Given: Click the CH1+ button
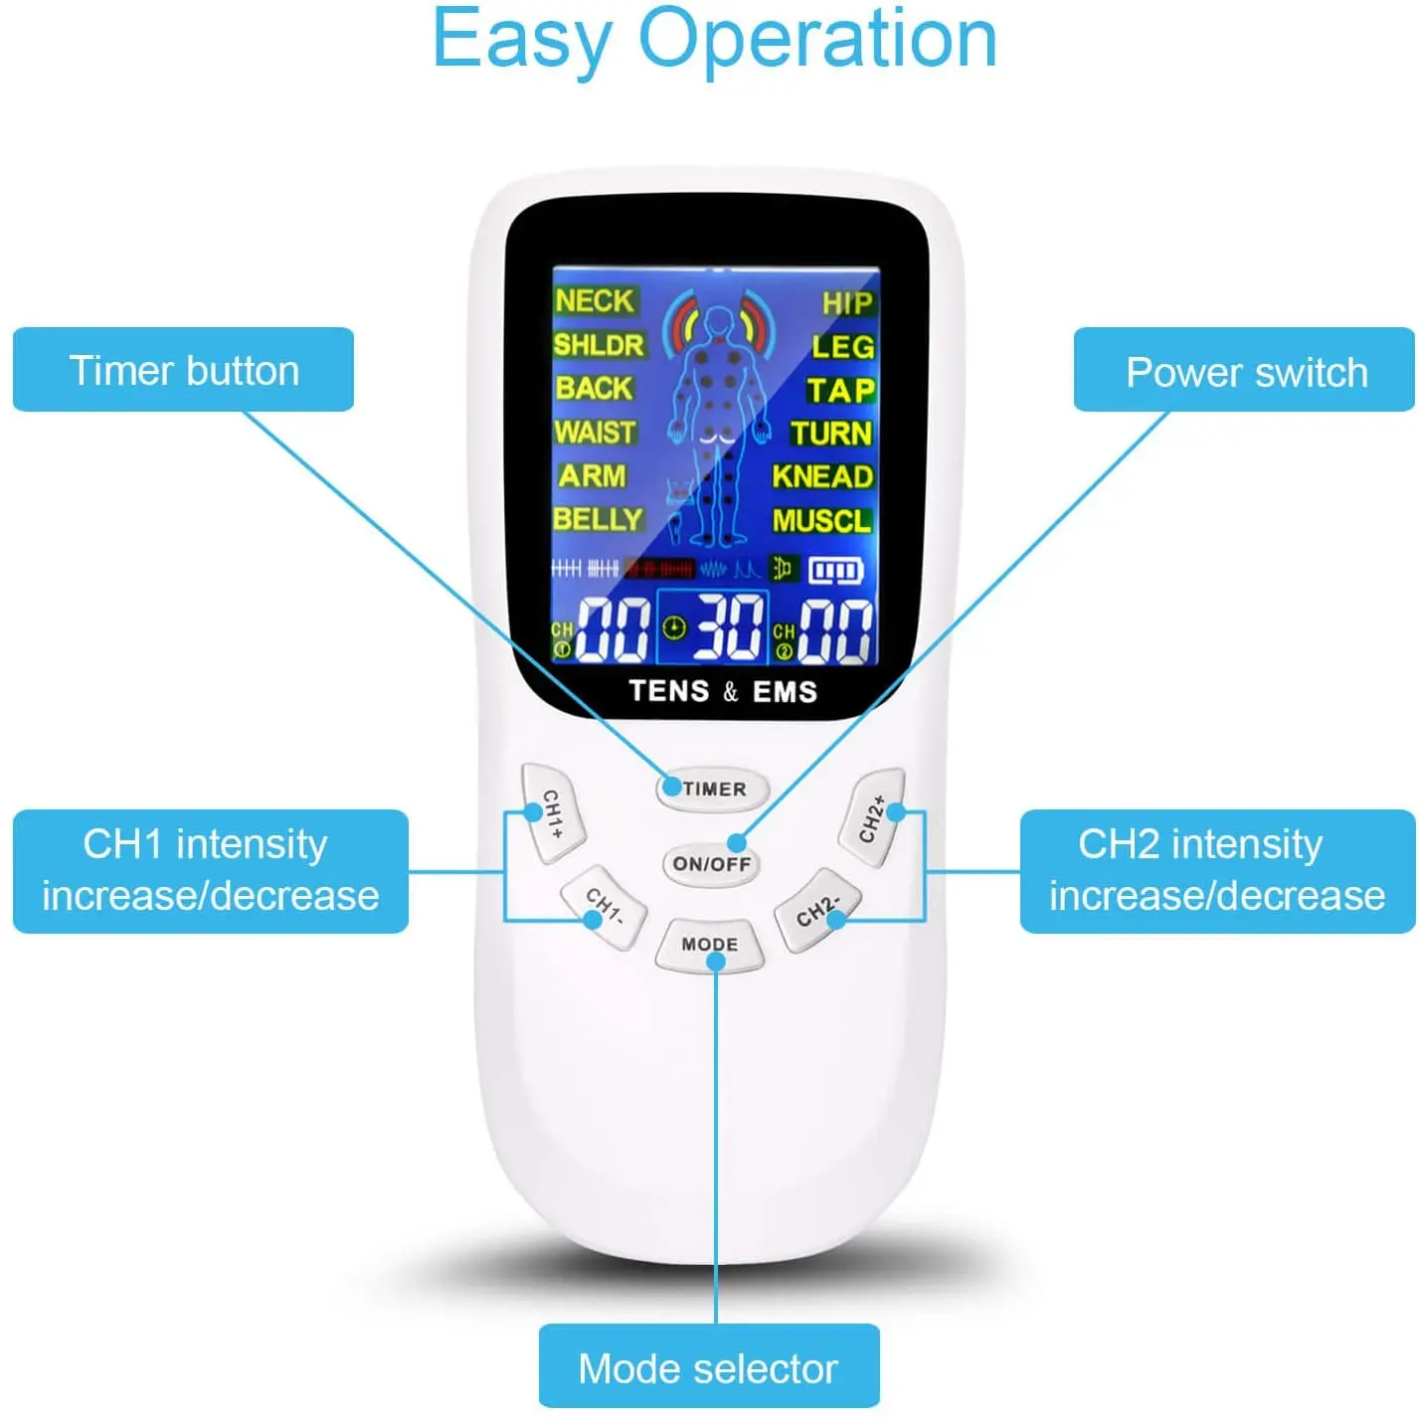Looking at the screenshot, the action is coord(553,813).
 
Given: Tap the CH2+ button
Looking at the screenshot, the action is coord(872,817).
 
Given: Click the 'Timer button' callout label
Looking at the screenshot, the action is coord(184,370).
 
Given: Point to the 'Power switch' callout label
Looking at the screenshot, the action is coord(1245,372).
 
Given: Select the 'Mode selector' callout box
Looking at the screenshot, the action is coord(708,1368).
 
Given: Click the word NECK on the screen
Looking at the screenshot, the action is coord(594,300).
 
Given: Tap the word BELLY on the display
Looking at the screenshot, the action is coord(598,519).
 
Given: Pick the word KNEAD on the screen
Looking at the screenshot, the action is coord(822,476).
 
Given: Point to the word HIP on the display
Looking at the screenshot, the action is coord(847,303).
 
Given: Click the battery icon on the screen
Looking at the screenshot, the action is coord(835,571).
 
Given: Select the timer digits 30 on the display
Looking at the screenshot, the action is coord(729,627).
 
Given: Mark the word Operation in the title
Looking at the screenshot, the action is coord(816,40).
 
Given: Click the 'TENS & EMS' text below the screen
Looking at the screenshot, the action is coord(723,691).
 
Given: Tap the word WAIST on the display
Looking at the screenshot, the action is coord(595,433).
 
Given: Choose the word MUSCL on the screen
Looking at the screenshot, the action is coord(821,520).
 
